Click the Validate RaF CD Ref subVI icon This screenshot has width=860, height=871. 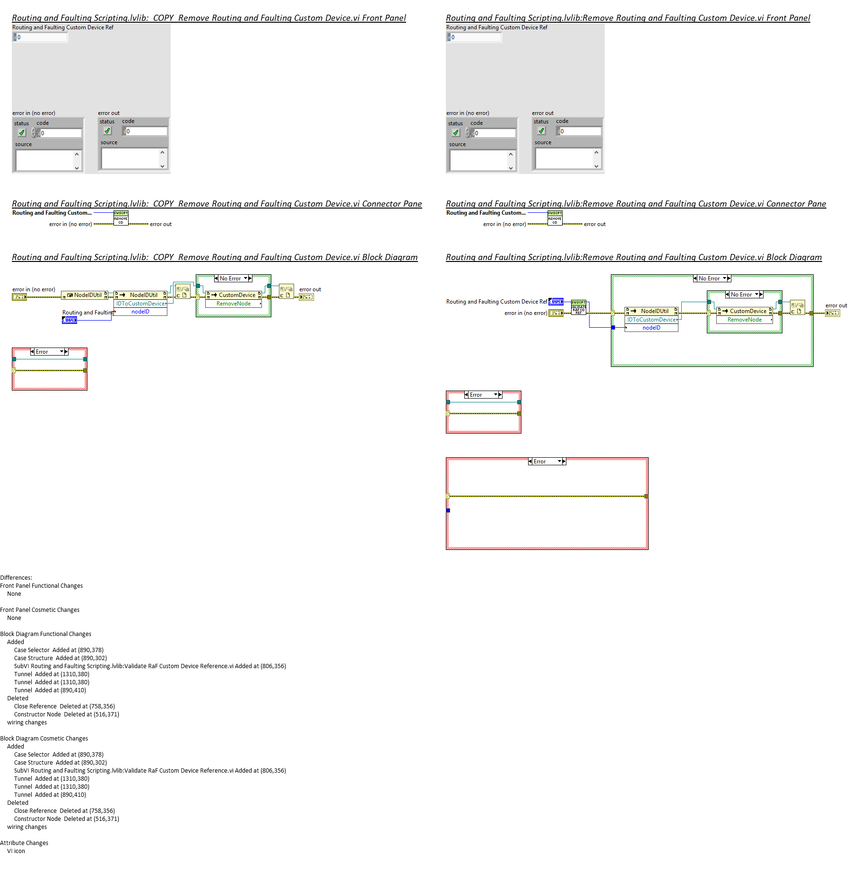578,307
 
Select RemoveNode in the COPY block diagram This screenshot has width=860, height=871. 234,304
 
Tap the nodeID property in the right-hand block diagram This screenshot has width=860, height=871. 651,328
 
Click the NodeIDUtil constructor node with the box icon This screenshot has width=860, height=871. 85,295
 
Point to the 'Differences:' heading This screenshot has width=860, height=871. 16,578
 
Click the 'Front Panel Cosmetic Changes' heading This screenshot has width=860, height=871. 40,610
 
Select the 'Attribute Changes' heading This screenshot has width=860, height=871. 24,843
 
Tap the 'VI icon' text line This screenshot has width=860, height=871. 16,851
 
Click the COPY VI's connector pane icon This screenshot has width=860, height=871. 121,218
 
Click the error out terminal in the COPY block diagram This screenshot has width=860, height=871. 306,297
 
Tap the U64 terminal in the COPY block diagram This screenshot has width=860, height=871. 69,320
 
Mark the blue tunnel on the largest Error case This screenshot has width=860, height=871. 448,511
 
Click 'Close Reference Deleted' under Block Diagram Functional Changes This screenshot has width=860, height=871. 64,706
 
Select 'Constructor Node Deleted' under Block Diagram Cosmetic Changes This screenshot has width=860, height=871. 66,819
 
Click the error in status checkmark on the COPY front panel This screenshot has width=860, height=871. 22,133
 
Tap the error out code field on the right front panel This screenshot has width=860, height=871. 580,131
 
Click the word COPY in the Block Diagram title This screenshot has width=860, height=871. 164,257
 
